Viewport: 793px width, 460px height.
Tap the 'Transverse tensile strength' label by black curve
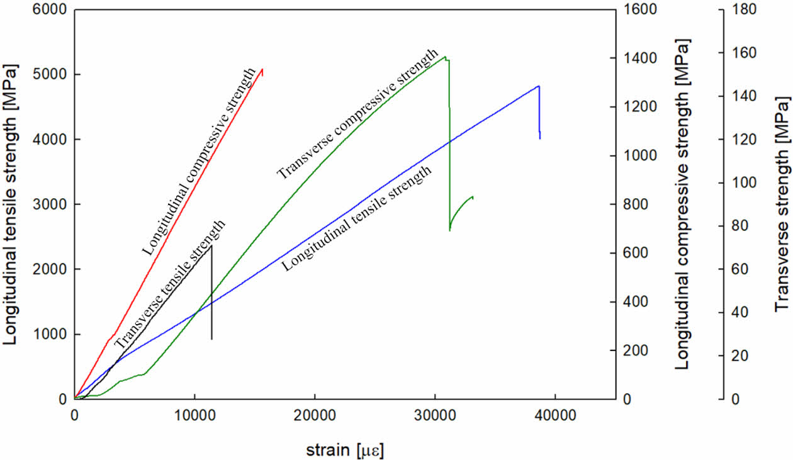click(169, 283)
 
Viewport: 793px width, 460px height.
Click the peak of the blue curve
click(539, 86)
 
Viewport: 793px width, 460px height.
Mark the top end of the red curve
click(262, 69)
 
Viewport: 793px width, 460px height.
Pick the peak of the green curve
click(445, 57)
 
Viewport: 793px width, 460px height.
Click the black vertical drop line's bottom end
click(211, 339)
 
